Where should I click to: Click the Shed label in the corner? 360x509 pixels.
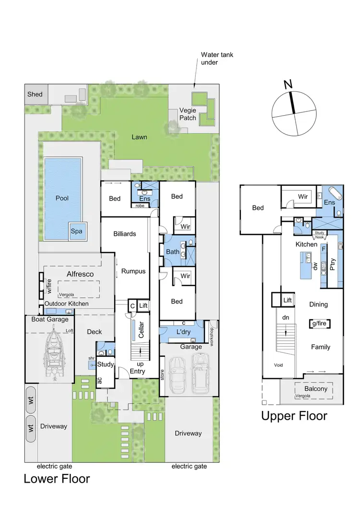(35, 94)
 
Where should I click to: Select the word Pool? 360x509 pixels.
(62, 197)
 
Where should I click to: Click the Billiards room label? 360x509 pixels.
(125, 234)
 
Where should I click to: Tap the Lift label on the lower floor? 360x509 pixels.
(143, 305)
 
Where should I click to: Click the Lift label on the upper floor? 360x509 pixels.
(288, 300)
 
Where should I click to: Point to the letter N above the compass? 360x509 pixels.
(288, 85)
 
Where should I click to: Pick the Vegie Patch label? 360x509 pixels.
(188, 114)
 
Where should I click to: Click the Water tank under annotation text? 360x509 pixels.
(216, 59)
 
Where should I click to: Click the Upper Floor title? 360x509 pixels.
(294, 415)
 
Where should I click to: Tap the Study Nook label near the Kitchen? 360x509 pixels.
(320, 235)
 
